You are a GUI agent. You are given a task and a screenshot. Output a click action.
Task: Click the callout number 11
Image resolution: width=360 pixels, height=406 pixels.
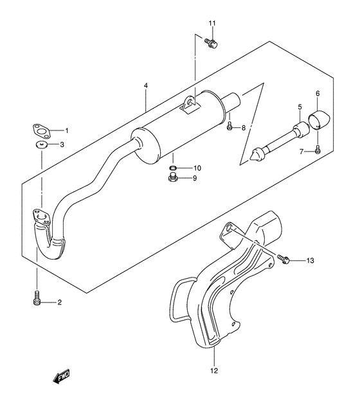tap(212, 24)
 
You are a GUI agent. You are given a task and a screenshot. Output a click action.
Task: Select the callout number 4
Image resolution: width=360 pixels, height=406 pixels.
tap(146, 85)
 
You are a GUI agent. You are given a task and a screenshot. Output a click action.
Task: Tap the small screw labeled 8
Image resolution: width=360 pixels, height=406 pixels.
tap(230, 127)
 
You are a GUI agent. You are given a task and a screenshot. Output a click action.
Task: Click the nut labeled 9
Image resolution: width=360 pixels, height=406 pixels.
tap(173, 179)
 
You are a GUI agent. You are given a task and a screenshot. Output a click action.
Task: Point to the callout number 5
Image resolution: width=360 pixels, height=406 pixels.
tap(299, 106)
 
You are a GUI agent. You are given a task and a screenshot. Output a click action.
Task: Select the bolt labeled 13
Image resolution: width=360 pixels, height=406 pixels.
tap(283, 260)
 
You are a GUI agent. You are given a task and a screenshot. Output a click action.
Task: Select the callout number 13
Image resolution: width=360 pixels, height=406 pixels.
tap(310, 261)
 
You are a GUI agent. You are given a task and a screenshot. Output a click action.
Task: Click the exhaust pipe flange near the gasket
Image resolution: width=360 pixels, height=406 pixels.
tap(40, 217)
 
